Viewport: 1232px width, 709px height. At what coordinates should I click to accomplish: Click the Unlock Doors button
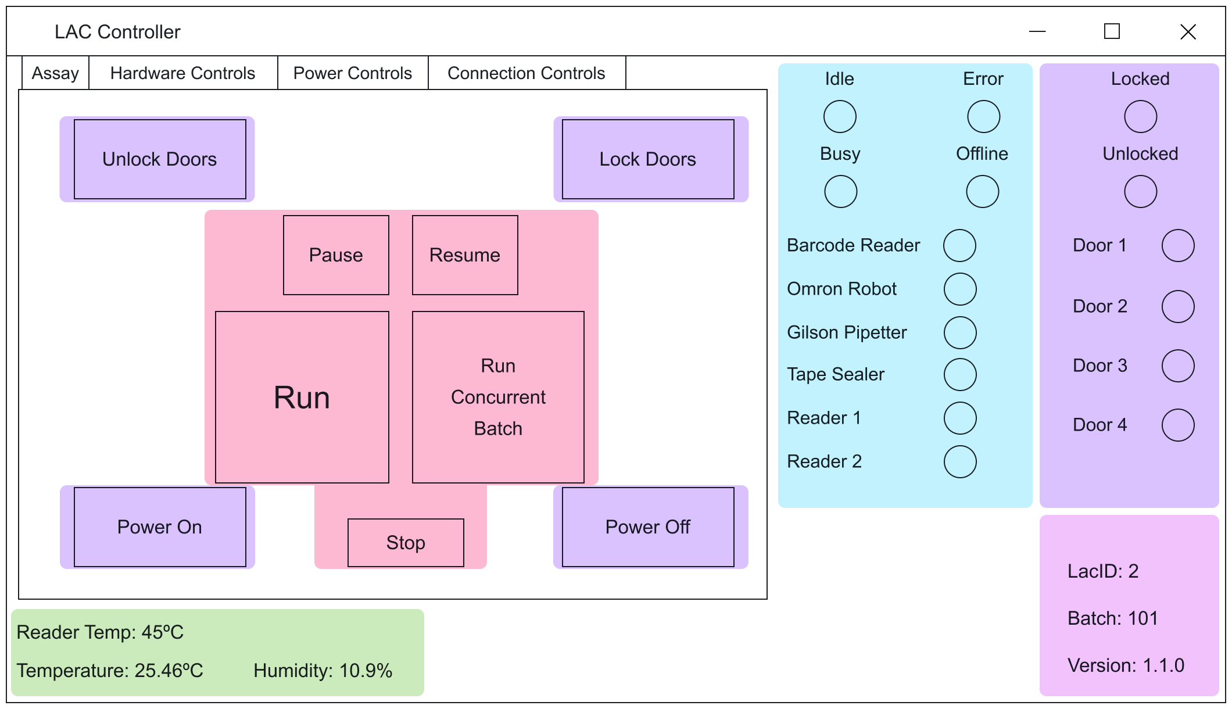click(x=160, y=159)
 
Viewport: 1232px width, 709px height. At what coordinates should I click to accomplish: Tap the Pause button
click(x=336, y=255)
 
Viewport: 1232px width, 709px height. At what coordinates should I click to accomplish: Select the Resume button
click(x=465, y=255)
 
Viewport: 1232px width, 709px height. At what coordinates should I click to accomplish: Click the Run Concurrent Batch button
click(x=498, y=397)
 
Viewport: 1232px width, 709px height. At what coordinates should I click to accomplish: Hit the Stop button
click(x=406, y=542)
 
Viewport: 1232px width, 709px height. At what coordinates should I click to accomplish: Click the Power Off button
click(x=648, y=527)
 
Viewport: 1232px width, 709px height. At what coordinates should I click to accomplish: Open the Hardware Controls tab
click(x=182, y=73)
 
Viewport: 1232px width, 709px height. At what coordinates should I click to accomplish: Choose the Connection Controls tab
click(x=527, y=73)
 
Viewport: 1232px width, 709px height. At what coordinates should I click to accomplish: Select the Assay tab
click(x=55, y=73)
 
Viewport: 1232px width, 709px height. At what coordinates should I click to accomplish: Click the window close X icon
click(x=1188, y=31)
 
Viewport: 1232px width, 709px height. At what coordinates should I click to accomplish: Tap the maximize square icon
click(x=1112, y=31)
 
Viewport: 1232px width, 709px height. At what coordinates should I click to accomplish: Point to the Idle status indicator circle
click(x=840, y=117)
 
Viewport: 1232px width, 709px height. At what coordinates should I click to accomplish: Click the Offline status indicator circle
click(x=983, y=192)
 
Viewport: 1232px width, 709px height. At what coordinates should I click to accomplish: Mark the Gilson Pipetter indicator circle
click(x=960, y=332)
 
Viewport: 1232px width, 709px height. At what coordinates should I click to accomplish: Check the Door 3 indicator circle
click(x=1178, y=366)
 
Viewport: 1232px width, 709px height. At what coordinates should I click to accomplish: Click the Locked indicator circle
click(x=1140, y=117)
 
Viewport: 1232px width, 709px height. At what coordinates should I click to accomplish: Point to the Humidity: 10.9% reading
click(x=323, y=671)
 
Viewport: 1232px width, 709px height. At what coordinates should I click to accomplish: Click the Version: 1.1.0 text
click(x=1126, y=665)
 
